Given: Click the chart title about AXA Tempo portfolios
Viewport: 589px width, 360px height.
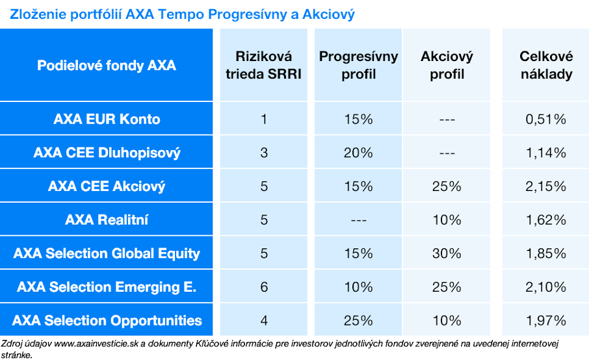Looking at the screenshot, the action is (182, 14).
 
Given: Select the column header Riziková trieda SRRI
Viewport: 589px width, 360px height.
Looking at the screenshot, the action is (264, 66).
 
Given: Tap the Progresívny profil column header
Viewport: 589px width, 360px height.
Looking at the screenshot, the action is (358, 66).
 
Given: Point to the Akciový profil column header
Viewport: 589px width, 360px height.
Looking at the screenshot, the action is (447, 66).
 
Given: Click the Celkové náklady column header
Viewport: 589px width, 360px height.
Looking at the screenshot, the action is (546, 66).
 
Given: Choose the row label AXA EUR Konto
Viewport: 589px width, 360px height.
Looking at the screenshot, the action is (107, 119).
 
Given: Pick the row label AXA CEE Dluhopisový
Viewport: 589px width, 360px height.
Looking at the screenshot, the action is (107, 153).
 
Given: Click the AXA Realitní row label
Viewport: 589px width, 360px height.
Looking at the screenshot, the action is (107, 220).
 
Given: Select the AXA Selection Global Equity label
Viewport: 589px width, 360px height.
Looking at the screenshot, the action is (107, 253).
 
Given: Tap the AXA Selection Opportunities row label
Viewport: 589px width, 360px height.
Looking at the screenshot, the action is (107, 320).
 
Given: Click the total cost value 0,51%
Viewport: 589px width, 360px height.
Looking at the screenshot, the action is (546, 120).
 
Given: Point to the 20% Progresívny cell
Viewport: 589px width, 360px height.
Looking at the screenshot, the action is (358, 153).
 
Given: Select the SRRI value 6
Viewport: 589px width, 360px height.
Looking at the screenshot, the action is (264, 287).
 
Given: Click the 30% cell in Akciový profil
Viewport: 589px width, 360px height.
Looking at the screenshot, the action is (447, 253).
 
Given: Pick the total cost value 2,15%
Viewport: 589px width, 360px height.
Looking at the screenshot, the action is (546, 186).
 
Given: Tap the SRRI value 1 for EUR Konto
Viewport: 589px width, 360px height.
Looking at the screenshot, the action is (264, 120).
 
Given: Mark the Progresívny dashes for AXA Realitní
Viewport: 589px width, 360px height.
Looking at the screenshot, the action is (359, 220).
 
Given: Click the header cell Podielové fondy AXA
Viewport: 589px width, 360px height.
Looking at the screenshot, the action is (107, 66).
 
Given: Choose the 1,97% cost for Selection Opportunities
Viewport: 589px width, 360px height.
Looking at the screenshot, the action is (546, 320).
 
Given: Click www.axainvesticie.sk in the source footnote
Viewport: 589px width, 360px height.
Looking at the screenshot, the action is (96, 344).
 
